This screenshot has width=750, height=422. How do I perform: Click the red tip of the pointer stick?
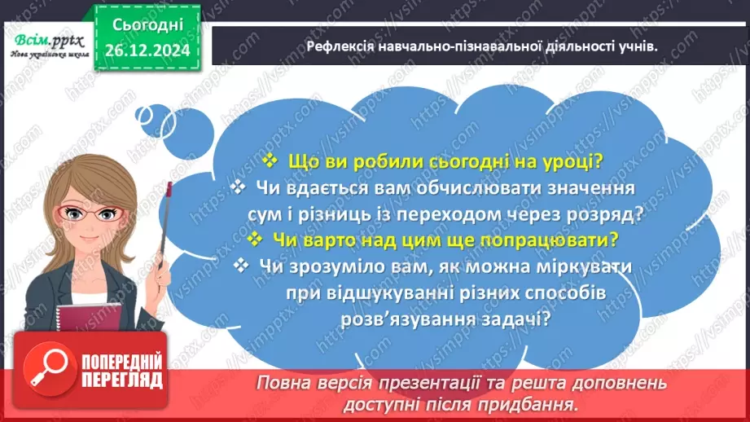coord(170,188)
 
